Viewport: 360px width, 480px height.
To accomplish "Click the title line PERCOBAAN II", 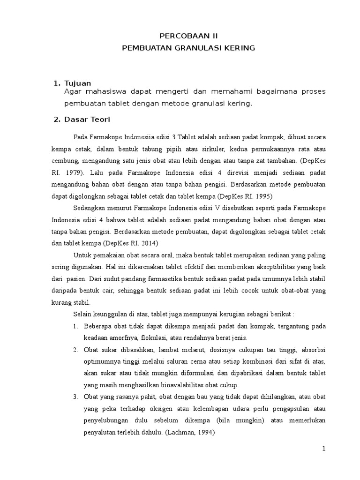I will coord(188,36).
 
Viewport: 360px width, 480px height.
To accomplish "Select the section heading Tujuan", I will coord(78,83).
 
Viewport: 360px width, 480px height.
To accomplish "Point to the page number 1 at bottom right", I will coord(323,449).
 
